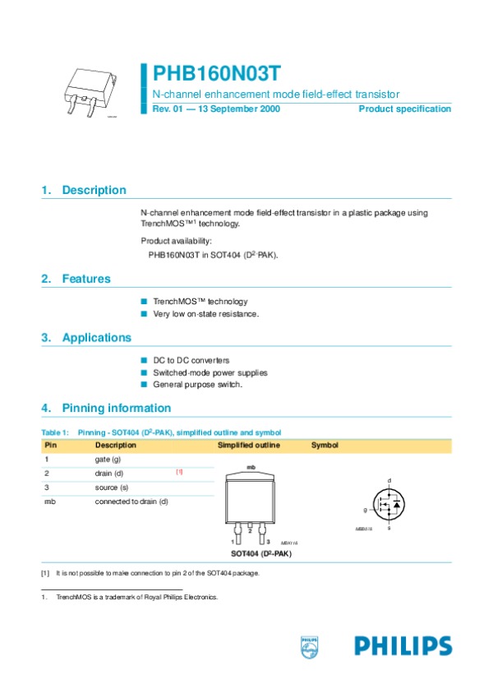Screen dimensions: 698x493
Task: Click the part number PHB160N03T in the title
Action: click(211, 74)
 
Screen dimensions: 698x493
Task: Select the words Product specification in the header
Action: click(404, 109)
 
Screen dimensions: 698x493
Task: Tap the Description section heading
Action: click(94, 190)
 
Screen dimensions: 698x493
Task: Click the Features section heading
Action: click(85, 279)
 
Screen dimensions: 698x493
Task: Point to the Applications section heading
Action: click(96, 338)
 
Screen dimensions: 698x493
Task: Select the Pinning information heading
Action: click(116, 408)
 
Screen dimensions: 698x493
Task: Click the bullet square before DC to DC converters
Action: click(144, 360)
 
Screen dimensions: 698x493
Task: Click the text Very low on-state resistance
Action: click(206, 314)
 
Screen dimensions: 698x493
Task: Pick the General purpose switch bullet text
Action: click(197, 385)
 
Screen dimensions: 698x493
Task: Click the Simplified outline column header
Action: click(248, 446)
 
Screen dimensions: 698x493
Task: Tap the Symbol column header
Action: click(325, 446)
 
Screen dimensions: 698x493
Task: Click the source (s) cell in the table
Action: click(112, 488)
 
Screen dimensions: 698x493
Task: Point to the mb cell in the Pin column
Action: click(49, 502)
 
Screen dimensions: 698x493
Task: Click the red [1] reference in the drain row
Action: click(179, 472)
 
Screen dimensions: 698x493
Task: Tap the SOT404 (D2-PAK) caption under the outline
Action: click(260, 554)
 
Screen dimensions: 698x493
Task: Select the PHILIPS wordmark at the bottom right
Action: click(403, 646)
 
